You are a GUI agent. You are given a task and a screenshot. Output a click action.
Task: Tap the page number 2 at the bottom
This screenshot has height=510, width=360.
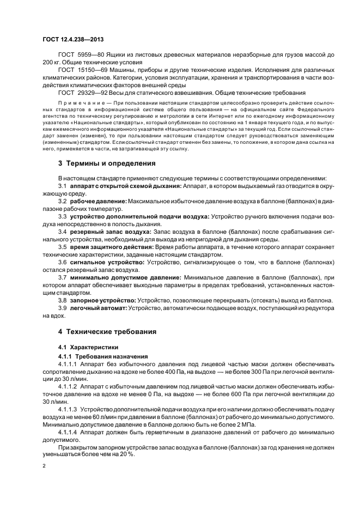pyautogui.click(x=44, y=466)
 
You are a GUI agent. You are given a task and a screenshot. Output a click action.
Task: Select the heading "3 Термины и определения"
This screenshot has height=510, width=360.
pyautogui.click(x=107, y=163)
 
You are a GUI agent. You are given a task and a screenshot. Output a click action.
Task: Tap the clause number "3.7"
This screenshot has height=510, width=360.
pyautogui.click(x=62, y=277)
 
